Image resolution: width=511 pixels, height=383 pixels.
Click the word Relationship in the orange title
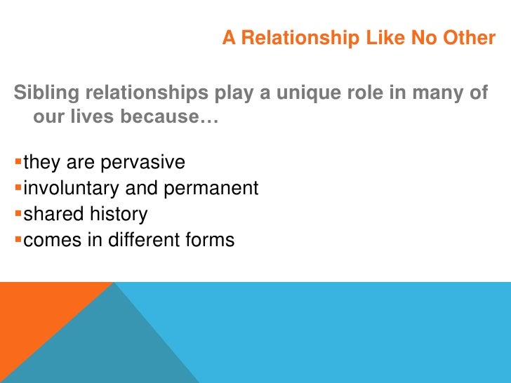click(x=300, y=38)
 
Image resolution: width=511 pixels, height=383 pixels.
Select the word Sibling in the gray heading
click(x=46, y=93)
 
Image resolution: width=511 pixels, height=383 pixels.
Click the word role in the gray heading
click(x=365, y=93)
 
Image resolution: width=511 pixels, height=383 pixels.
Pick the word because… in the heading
click(x=169, y=116)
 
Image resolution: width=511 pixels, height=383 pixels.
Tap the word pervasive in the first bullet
click(x=142, y=163)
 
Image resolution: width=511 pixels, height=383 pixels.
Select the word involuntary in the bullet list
click(x=72, y=189)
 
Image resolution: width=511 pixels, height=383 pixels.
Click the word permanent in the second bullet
click(x=211, y=189)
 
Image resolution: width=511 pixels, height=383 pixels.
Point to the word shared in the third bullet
click(x=53, y=214)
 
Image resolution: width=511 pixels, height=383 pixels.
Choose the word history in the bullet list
click(x=119, y=215)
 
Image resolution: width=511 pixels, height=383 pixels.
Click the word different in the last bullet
click(x=144, y=240)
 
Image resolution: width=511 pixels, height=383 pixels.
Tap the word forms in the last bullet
click(x=210, y=240)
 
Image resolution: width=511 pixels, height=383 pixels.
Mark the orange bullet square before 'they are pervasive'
click(x=18, y=161)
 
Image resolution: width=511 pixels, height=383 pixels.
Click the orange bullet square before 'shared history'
click(x=18, y=214)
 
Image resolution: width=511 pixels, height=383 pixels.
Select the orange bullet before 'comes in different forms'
click(x=18, y=240)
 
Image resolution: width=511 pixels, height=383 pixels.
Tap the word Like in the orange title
click(x=385, y=37)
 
